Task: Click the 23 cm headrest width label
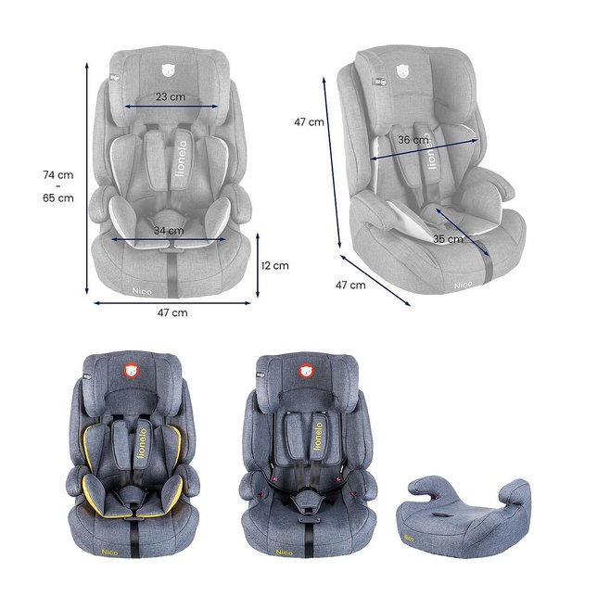(x=171, y=96)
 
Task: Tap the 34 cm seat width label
(x=169, y=230)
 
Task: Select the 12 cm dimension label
(x=275, y=266)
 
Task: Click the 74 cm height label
(x=58, y=174)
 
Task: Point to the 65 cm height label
(x=58, y=197)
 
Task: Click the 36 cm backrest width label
(x=413, y=140)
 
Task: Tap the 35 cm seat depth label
(x=448, y=239)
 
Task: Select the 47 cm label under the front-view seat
(x=172, y=312)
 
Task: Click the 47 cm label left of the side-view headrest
(x=309, y=121)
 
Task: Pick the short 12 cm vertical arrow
(x=258, y=265)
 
